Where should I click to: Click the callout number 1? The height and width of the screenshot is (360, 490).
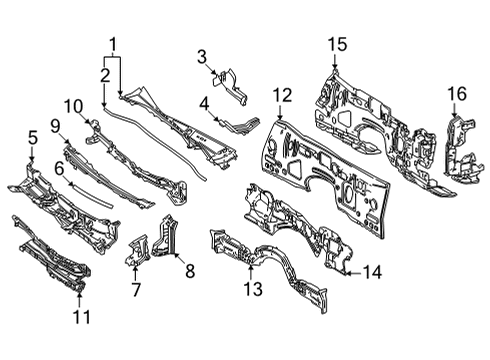click(113, 43)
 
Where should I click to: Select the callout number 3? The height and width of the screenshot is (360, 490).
click(201, 55)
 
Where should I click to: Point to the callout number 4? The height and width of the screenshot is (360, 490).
click(203, 102)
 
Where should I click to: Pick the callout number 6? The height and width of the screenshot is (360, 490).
click(58, 169)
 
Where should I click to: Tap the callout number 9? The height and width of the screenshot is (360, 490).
click(57, 126)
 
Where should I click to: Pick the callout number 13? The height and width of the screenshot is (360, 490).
click(254, 290)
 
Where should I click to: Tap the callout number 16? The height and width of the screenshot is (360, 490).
click(456, 95)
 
